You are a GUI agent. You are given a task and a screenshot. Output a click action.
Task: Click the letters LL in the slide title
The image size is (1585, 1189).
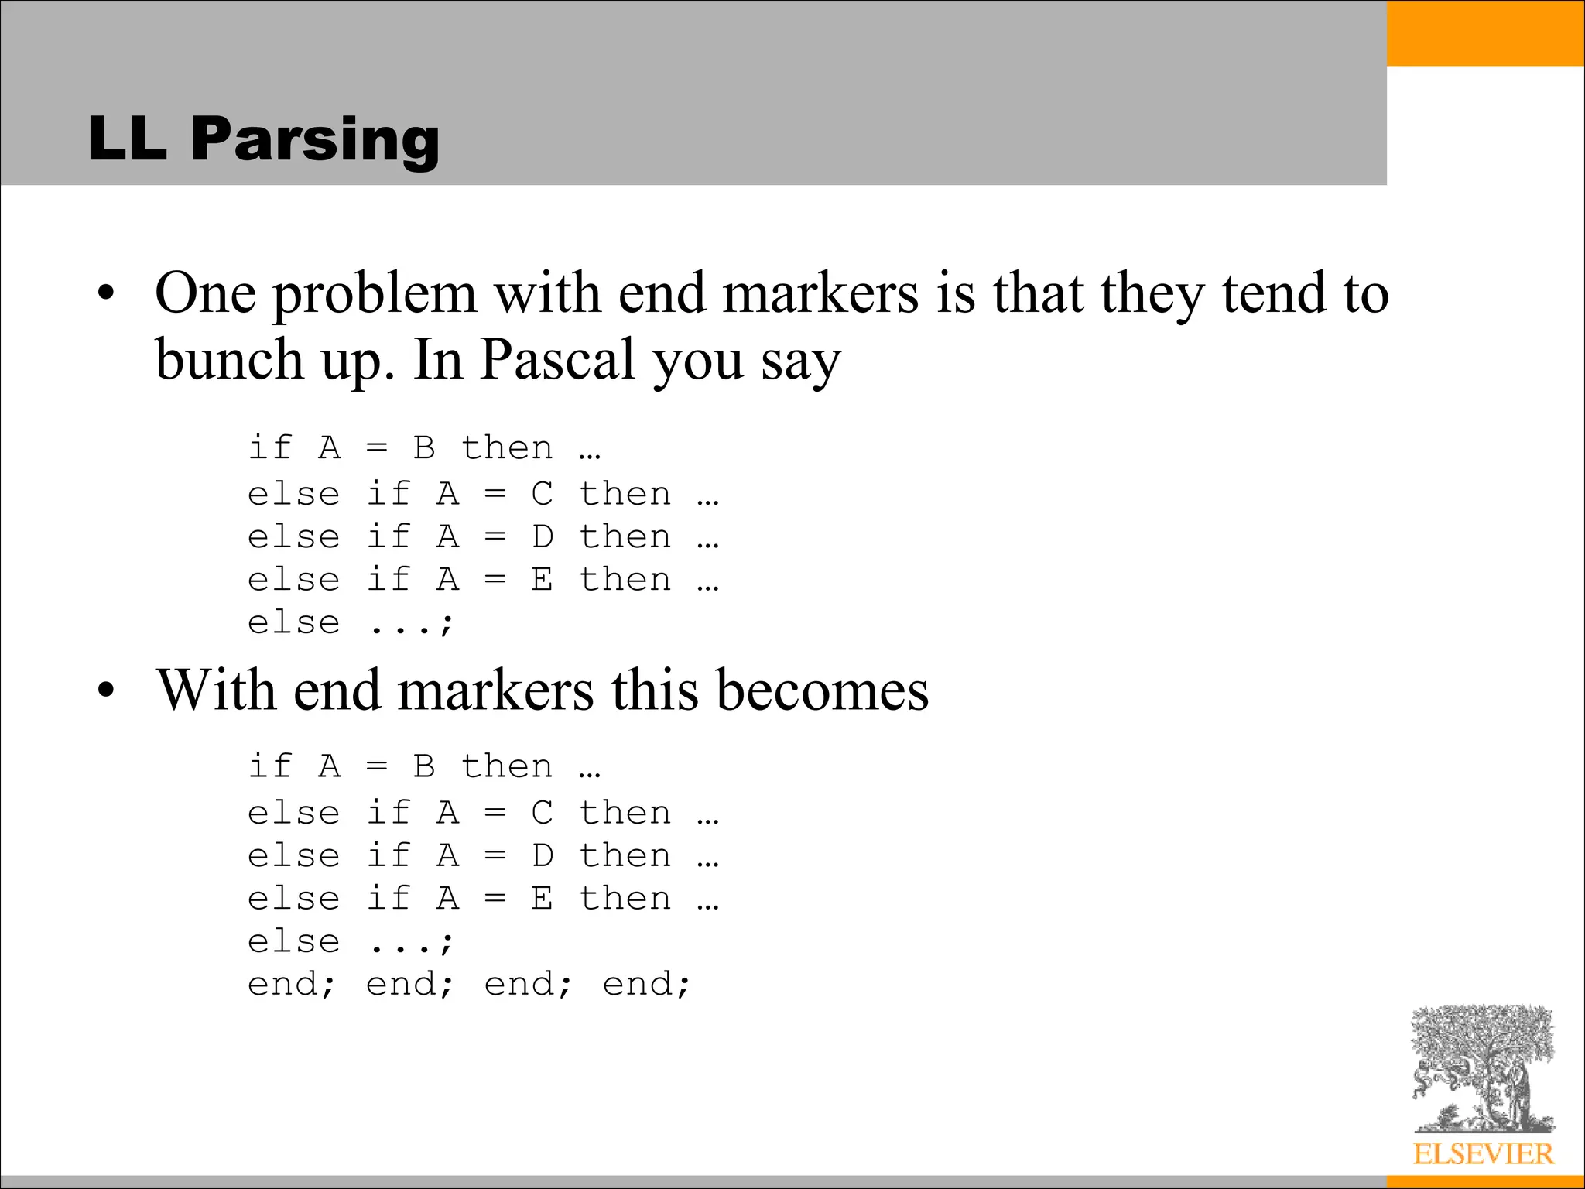(x=128, y=139)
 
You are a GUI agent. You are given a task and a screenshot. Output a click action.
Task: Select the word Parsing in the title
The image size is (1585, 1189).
(x=315, y=141)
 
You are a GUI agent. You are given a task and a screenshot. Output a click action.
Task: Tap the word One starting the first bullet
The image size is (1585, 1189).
(x=205, y=293)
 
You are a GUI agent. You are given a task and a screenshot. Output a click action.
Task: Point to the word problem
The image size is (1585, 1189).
(x=375, y=296)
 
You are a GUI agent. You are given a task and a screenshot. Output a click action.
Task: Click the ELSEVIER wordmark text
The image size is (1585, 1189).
(x=1483, y=1154)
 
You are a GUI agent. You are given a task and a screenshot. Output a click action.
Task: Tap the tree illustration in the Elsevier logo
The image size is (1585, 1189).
(x=1482, y=1068)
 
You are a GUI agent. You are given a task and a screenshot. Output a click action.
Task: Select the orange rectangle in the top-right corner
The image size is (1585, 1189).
(x=1485, y=33)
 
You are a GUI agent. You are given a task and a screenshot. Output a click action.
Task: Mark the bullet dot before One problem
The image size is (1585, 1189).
(x=106, y=295)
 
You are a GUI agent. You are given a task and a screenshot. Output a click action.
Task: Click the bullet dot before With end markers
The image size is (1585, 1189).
(x=106, y=690)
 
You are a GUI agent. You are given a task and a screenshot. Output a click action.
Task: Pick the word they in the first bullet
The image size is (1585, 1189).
(x=1152, y=295)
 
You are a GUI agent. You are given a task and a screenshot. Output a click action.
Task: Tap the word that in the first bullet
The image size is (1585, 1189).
(x=1038, y=293)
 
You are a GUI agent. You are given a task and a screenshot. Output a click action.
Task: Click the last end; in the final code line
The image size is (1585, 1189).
(x=645, y=985)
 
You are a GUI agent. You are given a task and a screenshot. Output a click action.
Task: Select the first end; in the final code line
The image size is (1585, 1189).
(x=291, y=985)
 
